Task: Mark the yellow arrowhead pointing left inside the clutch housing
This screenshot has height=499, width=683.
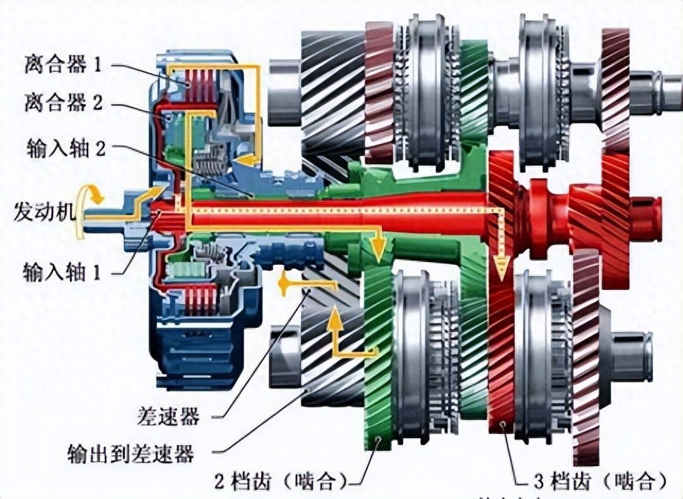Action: [244, 160]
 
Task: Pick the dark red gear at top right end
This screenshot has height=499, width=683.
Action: [615, 84]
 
